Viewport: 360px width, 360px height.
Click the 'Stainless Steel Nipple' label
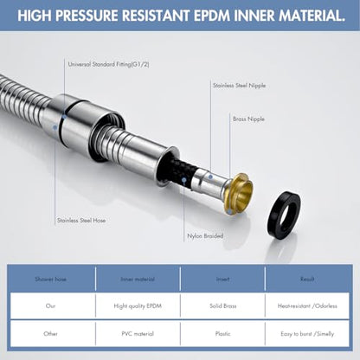[239, 86]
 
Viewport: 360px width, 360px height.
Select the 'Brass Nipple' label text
[248, 119]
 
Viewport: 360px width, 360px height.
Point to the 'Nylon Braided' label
[205, 236]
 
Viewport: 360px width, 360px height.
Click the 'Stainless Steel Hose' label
[81, 221]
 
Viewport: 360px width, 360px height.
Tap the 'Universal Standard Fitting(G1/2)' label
[108, 64]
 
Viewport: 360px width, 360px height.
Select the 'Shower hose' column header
[51, 279]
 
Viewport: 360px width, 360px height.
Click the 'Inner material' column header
[138, 279]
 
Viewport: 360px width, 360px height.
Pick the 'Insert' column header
[223, 279]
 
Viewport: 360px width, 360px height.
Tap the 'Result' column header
[307, 279]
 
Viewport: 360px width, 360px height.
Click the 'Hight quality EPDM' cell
[138, 305]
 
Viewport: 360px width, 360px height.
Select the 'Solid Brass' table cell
[223, 305]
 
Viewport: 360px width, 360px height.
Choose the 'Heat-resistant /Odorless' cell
[307, 305]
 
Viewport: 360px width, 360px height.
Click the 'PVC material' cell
[138, 334]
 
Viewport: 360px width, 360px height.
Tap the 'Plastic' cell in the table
[222, 334]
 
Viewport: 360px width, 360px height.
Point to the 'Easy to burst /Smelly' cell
[307, 334]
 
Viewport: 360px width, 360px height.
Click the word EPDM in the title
[212, 16]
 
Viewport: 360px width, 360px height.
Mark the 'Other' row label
[50, 334]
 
